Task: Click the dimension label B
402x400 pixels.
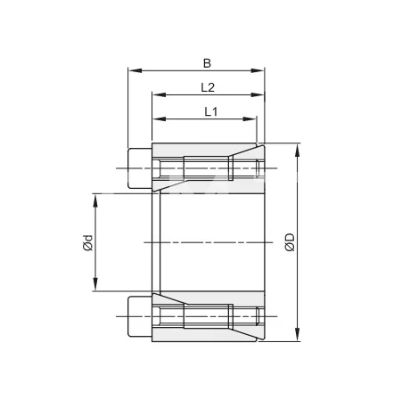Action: pos(207,62)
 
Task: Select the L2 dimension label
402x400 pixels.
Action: pos(207,87)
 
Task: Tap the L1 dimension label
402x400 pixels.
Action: pos(211,111)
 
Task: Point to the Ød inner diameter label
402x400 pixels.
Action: pos(87,241)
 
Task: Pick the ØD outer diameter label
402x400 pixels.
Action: pos(290,242)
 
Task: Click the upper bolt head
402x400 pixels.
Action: pos(139,168)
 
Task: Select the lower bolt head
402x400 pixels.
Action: pos(139,316)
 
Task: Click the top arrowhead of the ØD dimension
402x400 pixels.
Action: pos(298,147)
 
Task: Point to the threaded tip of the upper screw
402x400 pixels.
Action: pos(258,168)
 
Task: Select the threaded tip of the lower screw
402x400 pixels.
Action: pos(258,316)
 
